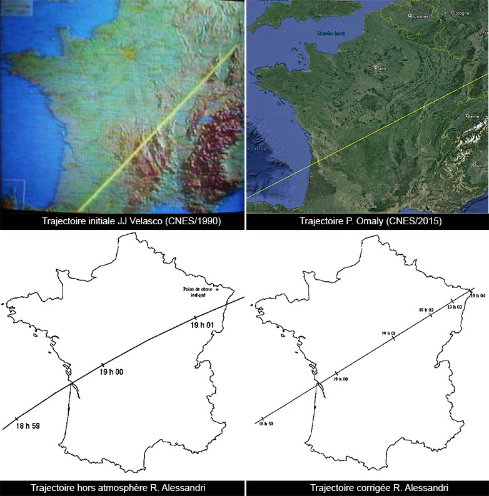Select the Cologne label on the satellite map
click(x=461, y=13)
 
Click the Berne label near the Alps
click(x=473, y=117)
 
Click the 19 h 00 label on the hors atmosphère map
click(x=111, y=372)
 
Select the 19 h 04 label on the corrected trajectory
click(x=478, y=295)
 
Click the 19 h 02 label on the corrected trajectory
click(x=426, y=310)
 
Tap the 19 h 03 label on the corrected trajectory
click(x=455, y=307)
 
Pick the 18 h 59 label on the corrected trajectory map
click(x=265, y=424)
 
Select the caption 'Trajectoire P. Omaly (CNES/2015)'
click(x=367, y=221)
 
